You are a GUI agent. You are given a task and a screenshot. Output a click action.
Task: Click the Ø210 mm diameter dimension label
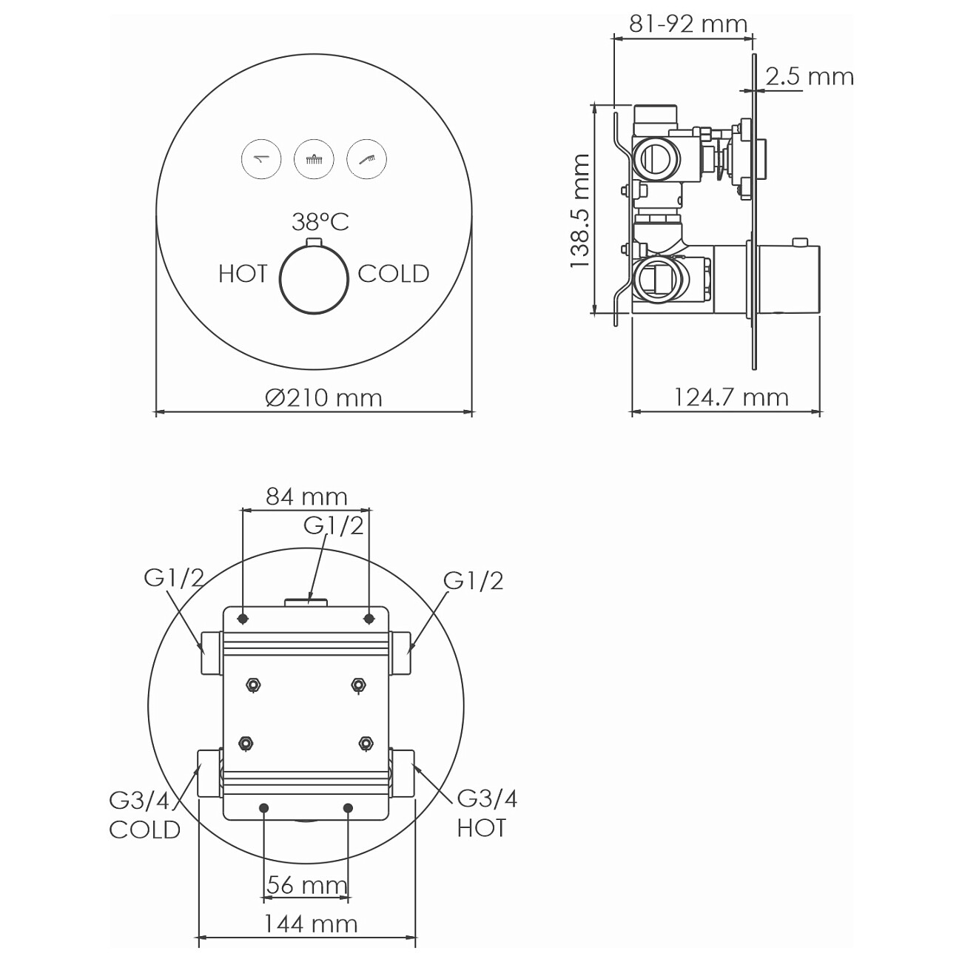324,398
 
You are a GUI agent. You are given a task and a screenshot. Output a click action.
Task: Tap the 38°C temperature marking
320,222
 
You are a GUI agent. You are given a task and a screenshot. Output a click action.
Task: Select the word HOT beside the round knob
243,274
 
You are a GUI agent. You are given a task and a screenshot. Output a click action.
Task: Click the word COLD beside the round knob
394,274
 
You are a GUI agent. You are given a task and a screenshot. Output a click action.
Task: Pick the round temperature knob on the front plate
314,280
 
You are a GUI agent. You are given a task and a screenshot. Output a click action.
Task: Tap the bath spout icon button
261,159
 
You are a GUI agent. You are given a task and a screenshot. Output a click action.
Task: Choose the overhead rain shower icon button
314,159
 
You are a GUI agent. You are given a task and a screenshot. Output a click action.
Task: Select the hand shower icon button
366,159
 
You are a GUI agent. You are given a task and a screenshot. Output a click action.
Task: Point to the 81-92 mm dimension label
688,24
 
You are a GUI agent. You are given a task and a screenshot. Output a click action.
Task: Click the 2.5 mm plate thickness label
810,76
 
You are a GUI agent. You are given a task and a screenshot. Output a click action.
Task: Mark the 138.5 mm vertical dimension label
580,211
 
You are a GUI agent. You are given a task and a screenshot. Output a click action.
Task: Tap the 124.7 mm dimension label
731,397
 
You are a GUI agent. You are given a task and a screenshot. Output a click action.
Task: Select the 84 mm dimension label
306,497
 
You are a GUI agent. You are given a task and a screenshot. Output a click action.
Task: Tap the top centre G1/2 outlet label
334,525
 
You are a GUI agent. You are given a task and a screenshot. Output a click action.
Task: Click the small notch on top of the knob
314,242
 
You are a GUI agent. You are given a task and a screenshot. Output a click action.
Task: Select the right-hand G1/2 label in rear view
474,581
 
